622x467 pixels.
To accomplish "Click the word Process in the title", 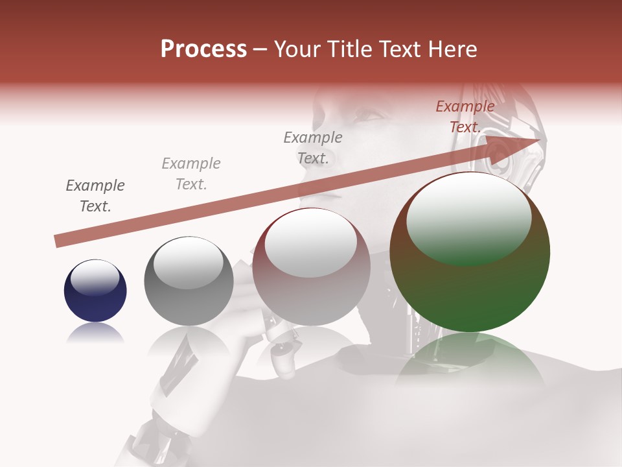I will (203, 49).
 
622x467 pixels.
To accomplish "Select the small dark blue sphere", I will (95, 291).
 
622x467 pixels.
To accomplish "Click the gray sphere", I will (189, 281).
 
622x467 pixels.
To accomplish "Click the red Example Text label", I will (465, 117).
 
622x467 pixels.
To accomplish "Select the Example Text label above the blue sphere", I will (95, 196).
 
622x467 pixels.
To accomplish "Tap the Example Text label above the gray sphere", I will (191, 174).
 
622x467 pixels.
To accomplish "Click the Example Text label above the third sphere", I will (313, 148).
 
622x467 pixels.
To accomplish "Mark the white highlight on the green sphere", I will (468, 218).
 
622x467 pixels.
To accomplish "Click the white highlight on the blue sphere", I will (95, 276).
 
